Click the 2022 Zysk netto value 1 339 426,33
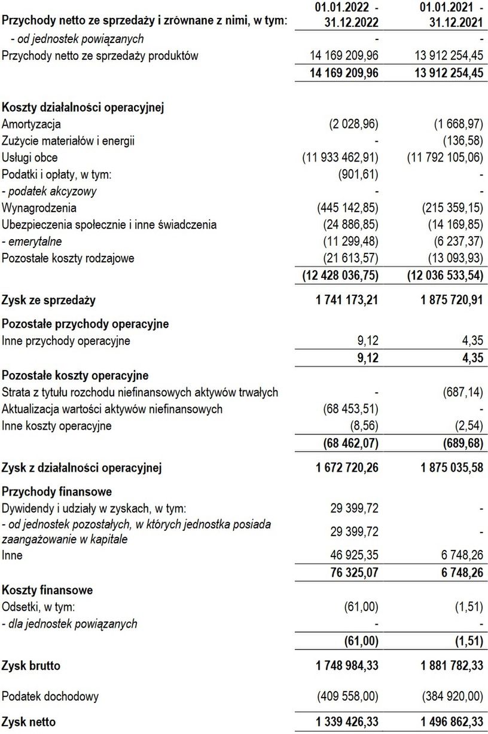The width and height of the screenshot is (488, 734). pyautogui.click(x=347, y=722)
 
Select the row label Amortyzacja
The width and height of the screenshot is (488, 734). pyautogui.click(x=31, y=124)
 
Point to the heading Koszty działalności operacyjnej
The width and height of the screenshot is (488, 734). pyautogui.click(x=83, y=108)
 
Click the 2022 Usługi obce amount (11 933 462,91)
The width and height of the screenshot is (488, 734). pyautogui.click(x=341, y=158)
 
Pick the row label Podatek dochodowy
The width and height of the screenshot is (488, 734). pyautogui.click(x=50, y=696)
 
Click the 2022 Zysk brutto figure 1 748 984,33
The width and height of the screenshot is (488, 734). pyautogui.click(x=347, y=665)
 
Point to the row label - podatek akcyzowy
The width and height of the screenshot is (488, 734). pyautogui.click(x=50, y=192)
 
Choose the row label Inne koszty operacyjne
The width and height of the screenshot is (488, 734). pyautogui.click(x=57, y=426)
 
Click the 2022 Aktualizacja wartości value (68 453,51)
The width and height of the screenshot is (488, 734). pyautogui.click(x=350, y=409)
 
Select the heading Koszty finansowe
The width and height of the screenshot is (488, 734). pyautogui.click(x=47, y=590)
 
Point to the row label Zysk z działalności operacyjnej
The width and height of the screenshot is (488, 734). pyautogui.click(x=81, y=467)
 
